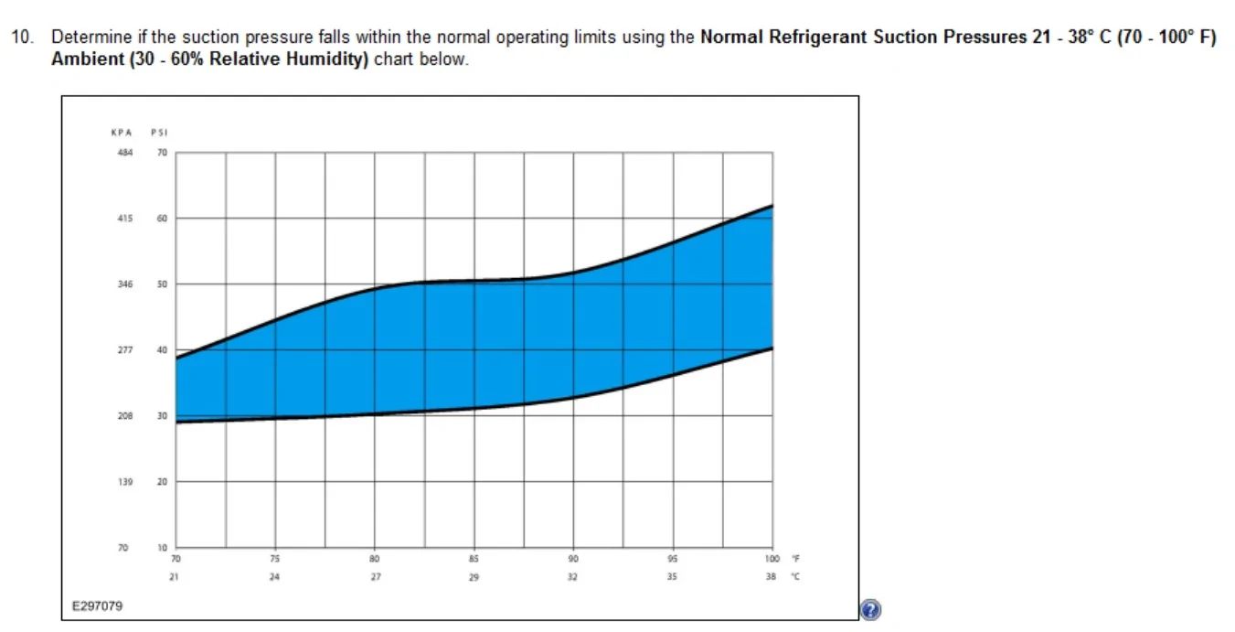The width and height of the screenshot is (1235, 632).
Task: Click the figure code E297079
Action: click(x=97, y=606)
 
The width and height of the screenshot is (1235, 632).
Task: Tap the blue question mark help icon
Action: click(x=870, y=610)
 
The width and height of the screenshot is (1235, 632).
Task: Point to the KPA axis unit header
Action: click(x=122, y=133)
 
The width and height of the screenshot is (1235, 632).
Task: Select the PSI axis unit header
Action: click(x=159, y=133)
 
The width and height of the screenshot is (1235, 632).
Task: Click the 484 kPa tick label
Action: click(x=125, y=152)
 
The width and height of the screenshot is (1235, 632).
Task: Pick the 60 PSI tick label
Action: click(x=162, y=219)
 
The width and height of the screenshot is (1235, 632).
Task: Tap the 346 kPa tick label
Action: click(x=125, y=284)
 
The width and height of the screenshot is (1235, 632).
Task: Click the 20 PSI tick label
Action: click(x=162, y=481)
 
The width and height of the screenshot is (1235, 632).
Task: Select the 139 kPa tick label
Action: click(x=125, y=481)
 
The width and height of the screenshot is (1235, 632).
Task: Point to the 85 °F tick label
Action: click(x=474, y=559)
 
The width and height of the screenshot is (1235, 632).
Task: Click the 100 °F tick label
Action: click(x=772, y=559)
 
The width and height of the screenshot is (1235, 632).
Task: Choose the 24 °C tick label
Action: click(x=274, y=577)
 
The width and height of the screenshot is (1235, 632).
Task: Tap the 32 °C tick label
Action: click(x=573, y=577)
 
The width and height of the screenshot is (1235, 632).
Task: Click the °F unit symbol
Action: click(x=795, y=559)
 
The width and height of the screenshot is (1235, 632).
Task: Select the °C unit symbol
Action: click(x=795, y=577)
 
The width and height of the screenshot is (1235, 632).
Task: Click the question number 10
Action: click(x=22, y=37)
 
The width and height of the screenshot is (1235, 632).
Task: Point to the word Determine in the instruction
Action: click(x=91, y=37)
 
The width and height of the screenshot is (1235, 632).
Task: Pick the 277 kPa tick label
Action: click(x=125, y=349)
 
